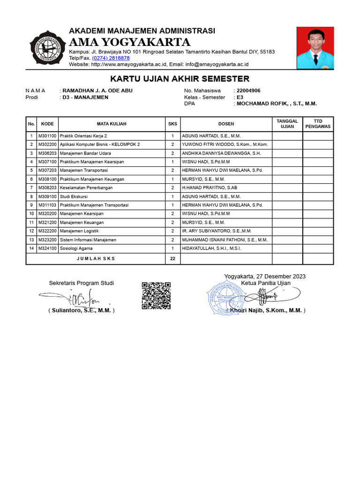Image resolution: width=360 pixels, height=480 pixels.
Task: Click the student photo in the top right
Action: (315, 48)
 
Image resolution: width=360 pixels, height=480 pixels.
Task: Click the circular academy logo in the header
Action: (47, 48)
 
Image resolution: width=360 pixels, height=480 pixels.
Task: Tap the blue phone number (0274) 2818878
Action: (111, 58)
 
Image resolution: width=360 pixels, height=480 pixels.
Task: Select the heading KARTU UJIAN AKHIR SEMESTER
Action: (180, 79)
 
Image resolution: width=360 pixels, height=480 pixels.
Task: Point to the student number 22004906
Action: (248, 90)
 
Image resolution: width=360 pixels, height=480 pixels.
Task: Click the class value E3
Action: (240, 97)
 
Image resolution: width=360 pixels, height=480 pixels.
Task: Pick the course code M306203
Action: (47, 153)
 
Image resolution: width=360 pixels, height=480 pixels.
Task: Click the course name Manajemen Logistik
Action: (79, 231)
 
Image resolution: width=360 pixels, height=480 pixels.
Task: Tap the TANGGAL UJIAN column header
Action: (287, 124)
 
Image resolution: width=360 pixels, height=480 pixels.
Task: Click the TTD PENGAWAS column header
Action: (318, 124)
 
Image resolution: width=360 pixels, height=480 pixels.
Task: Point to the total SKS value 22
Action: (172, 258)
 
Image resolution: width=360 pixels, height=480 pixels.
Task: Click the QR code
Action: (156, 295)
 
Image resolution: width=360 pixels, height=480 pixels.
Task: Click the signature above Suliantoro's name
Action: (75, 297)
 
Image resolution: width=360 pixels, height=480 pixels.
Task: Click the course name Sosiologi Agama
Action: (76, 248)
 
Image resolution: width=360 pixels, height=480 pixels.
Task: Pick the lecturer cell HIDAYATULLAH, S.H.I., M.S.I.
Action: (211, 248)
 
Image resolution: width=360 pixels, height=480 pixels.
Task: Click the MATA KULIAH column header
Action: (112, 124)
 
